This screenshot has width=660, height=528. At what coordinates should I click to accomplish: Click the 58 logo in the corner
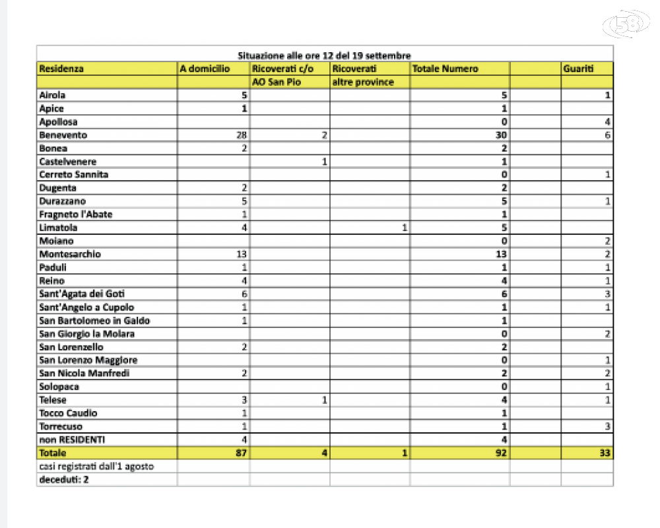628,24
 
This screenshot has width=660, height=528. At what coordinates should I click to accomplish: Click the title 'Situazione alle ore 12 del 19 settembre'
324,55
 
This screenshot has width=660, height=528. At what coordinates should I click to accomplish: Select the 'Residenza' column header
61,69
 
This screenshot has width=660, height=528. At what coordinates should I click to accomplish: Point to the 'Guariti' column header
577,69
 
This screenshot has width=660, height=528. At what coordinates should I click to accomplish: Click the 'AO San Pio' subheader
277,82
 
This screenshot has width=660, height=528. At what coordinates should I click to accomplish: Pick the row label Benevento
63,135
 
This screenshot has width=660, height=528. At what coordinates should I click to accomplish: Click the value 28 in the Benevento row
241,135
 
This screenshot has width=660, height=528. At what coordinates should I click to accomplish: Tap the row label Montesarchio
70,254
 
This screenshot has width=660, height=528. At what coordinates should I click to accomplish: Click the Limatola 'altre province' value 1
404,228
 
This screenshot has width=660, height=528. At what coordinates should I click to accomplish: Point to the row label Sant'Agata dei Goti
82,294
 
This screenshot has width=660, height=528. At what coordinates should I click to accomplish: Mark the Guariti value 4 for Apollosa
607,122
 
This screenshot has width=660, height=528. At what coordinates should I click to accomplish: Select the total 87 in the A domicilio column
240,453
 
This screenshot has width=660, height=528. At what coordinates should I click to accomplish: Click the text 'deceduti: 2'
64,479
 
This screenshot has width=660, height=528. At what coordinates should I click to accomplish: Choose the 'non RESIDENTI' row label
72,440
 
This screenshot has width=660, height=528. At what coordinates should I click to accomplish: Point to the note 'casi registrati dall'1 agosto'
96,466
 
